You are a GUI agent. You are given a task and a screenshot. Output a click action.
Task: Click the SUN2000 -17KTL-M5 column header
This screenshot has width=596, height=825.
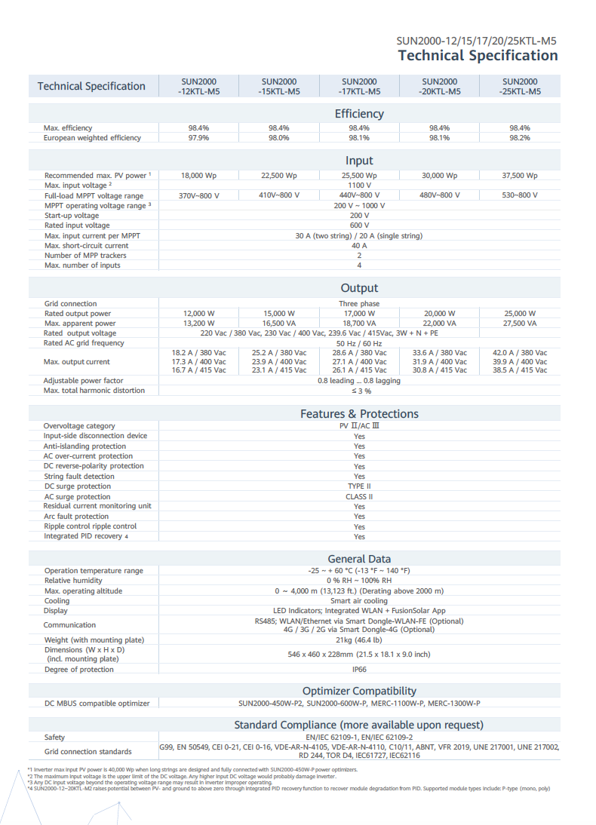359,86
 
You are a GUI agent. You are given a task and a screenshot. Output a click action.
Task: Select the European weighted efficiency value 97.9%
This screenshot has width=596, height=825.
198,138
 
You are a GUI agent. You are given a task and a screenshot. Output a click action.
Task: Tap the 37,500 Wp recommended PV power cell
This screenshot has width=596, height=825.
520,176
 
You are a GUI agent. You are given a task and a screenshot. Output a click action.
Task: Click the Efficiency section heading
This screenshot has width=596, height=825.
359,114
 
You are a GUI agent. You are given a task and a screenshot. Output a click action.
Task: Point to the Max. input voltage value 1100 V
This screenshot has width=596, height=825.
359,186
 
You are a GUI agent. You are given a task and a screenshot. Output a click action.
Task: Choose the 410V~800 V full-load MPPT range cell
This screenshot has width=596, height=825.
279,195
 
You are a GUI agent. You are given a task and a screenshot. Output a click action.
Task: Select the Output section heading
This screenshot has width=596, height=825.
359,288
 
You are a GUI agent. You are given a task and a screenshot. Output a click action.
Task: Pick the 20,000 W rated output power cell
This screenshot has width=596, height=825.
440,314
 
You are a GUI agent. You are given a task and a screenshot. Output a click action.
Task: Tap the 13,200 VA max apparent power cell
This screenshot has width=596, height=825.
198,324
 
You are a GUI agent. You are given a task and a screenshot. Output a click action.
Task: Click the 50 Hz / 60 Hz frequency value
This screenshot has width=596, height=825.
359,343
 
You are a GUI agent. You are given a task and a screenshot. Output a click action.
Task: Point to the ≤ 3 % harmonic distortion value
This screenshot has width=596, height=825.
359,391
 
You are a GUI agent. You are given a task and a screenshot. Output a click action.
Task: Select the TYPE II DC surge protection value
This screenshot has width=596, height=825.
359,486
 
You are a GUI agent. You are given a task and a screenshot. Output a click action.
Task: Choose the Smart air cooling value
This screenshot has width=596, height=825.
359,601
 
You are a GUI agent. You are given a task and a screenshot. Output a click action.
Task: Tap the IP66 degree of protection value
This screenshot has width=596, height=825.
359,670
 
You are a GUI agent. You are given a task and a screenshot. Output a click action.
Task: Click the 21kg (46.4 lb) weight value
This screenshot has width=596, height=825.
359,640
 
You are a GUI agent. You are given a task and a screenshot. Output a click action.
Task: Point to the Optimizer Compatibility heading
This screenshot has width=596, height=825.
359,691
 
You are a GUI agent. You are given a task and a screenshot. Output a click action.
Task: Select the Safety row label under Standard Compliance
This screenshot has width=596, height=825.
54,738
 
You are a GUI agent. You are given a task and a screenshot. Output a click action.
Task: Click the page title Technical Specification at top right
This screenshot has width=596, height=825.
478,55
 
